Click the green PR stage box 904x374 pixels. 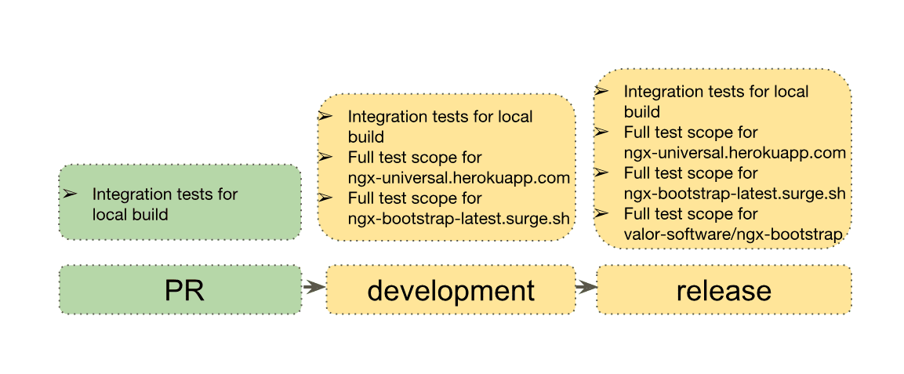pyautogui.click(x=180, y=290)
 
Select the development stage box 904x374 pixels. pyautogui.click(x=451, y=290)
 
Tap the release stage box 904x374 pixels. pyautogui.click(x=724, y=290)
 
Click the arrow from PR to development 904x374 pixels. pyautogui.click(x=314, y=287)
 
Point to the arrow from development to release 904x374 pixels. pyautogui.click(x=586, y=287)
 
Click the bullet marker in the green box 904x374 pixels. pyautogui.click(x=69, y=193)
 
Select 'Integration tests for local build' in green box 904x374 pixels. pyautogui.click(x=165, y=203)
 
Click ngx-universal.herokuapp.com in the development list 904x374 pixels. pyautogui.click(x=459, y=178)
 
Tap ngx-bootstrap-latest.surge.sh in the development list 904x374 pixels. pyautogui.click(x=459, y=218)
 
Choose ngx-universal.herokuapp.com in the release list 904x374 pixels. pyautogui.click(x=735, y=152)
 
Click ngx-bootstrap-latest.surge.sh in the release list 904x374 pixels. pyautogui.click(x=735, y=193)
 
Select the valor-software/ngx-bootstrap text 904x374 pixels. pyautogui.click(x=733, y=234)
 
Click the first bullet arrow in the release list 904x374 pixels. pyautogui.click(x=601, y=91)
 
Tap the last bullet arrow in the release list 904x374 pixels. pyautogui.click(x=601, y=213)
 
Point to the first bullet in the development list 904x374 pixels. pyautogui.click(x=325, y=116)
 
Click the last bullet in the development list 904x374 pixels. pyautogui.click(x=325, y=198)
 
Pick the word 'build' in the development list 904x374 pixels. pyautogui.click(x=365, y=137)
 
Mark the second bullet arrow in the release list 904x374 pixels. pyautogui.click(x=601, y=132)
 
